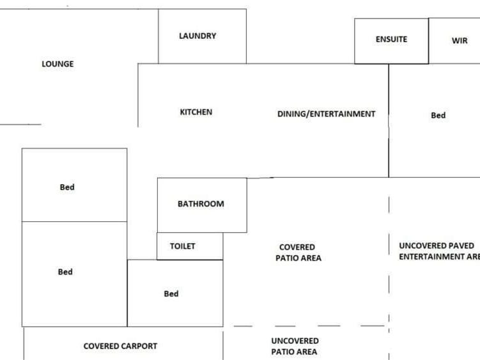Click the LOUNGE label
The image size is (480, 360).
[x=58, y=64]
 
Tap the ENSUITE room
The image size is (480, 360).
[x=391, y=40]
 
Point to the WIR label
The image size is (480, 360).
[x=460, y=41]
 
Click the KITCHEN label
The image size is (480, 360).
[x=196, y=112]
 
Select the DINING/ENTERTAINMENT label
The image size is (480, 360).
[x=326, y=114]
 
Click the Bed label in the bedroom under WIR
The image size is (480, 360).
[x=438, y=116]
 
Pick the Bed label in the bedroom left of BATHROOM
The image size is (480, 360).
[x=67, y=187]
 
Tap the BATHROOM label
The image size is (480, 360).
[x=201, y=204]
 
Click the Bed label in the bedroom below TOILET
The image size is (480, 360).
[x=171, y=294]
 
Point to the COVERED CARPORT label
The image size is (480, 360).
[x=120, y=346]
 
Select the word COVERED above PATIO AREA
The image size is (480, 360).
[x=297, y=247]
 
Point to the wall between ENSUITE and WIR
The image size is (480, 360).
[x=428, y=41]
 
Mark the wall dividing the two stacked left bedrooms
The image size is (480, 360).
[x=74, y=221]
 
